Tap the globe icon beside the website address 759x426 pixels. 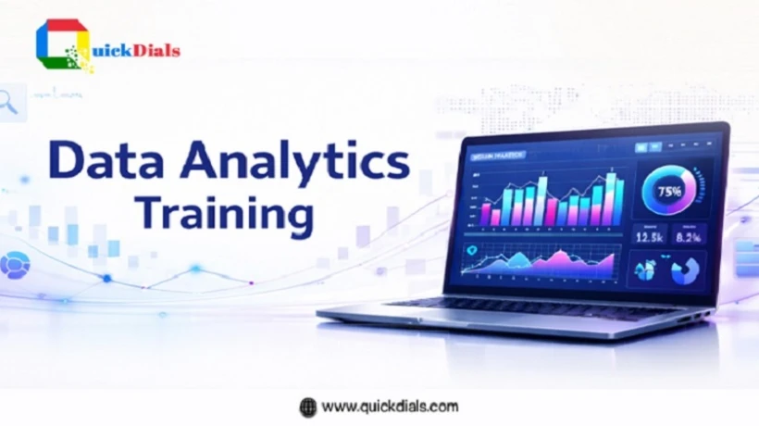pyautogui.click(x=307, y=406)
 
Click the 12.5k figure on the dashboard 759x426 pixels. pyautogui.click(x=649, y=236)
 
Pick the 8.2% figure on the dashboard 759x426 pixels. pyautogui.click(x=688, y=236)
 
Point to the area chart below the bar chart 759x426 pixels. pyautogui.click(x=537, y=263)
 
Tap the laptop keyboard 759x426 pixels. pyautogui.click(x=518, y=308)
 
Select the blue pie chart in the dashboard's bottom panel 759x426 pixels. pyautogui.click(x=687, y=269)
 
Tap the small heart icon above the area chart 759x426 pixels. pyautogui.click(x=474, y=249)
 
